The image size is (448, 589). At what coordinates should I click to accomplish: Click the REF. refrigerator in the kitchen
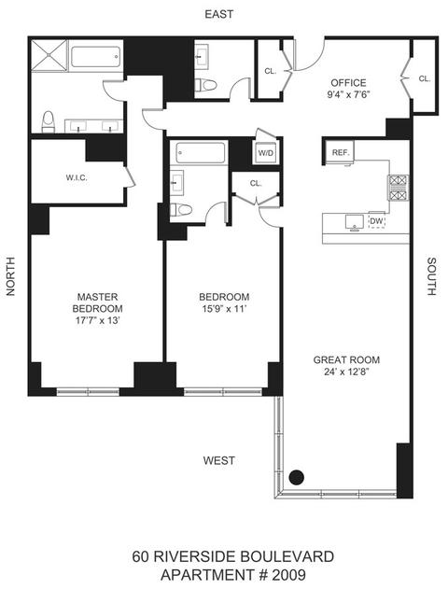pos(340,152)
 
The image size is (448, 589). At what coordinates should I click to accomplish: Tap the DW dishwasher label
pos(376,221)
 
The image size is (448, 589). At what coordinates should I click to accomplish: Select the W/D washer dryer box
pos(266,153)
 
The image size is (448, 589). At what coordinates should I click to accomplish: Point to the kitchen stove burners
pos(398,189)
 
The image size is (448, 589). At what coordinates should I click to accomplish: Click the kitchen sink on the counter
pos(354,222)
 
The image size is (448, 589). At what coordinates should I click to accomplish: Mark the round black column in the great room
pos(297,477)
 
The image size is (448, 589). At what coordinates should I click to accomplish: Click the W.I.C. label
pos(77,177)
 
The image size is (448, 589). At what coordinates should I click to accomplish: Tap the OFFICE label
pos(348,83)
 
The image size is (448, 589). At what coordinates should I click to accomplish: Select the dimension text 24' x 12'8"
pos(345,372)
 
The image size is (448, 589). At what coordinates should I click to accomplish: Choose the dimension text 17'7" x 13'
pos(98,320)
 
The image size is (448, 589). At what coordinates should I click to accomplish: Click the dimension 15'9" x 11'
pos(223,309)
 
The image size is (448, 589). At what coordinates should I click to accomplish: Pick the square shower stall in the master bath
pos(49,55)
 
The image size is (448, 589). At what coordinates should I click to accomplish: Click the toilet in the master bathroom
pos(49,121)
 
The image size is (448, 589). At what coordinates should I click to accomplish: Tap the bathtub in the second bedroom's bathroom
pos(201,152)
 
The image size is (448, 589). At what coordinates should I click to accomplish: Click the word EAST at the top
pos(219,14)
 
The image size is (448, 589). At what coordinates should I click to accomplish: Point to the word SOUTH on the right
pos(432,276)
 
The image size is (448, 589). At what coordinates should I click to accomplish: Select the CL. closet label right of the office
pos(425,78)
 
